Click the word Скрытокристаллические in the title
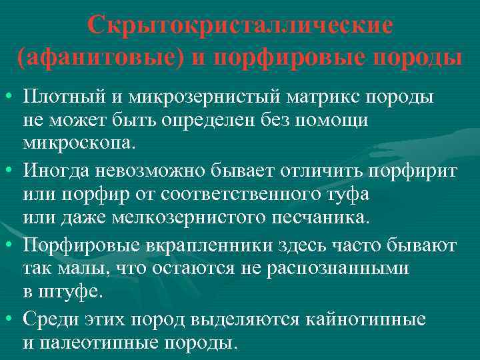(240, 26)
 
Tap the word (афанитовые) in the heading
(99, 57)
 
